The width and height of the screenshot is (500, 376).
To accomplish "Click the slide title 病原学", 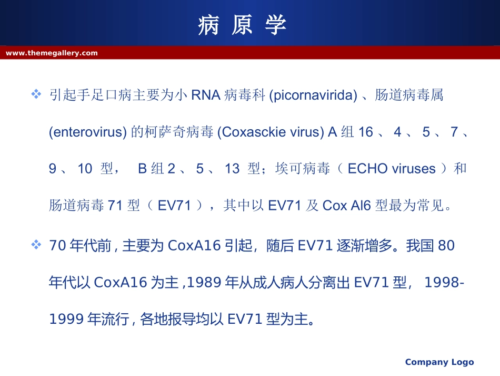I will [x=243, y=25].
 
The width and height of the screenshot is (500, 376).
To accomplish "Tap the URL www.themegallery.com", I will [x=52, y=53].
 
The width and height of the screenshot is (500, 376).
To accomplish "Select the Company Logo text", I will [x=439, y=362].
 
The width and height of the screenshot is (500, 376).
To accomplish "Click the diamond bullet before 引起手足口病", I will [x=36, y=94].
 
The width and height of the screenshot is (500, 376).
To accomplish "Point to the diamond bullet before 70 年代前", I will [x=36, y=245].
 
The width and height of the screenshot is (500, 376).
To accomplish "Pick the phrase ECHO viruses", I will [x=392, y=169].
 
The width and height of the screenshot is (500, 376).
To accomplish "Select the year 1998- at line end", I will [x=444, y=283].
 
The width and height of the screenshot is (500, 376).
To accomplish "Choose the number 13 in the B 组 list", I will [x=232, y=169].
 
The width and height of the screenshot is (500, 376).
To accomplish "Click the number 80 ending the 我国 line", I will [x=446, y=246].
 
